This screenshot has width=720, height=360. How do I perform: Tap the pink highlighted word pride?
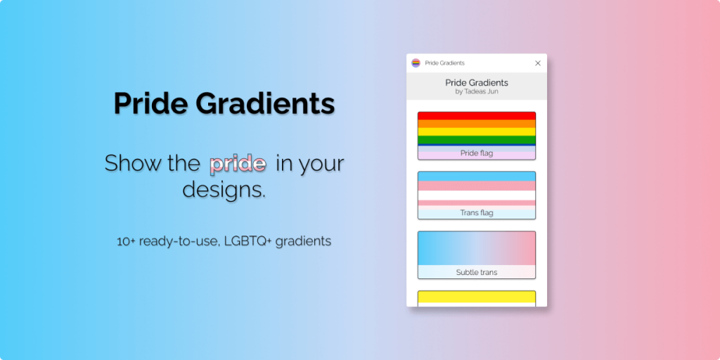pyautogui.click(x=238, y=164)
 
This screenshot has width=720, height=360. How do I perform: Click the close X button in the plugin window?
pyautogui.click(x=538, y=63)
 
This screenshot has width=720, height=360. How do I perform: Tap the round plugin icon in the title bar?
pyautogui.click(x=416, y=63)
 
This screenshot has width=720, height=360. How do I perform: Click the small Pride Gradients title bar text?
pyautogui.click(x=444, y=63)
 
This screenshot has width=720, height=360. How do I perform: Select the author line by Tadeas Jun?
pyautogui.click(x=477, y=91)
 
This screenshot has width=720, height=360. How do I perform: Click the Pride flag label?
pyautogui.click(x=477, y=153)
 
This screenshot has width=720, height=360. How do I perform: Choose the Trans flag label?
pyautogui.click(x=477, y=212)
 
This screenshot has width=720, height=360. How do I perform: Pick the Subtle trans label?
pyautogui.click(x=477, y=272)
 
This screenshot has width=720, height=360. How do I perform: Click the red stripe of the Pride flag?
pyautogui.click(x=477, y=115)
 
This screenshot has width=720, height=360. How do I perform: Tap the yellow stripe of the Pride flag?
pyautogui.click(x=477, y=131)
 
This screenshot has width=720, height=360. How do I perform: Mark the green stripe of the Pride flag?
pyautogui.click(x=477, y=139)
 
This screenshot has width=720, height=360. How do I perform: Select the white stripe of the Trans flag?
pyautogui.click(x=477, y=195)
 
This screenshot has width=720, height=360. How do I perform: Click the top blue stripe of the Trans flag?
pyautogui.click(x=477, y=176)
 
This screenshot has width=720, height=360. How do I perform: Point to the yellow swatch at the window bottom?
pyautogui.click(x=477, y=298)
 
